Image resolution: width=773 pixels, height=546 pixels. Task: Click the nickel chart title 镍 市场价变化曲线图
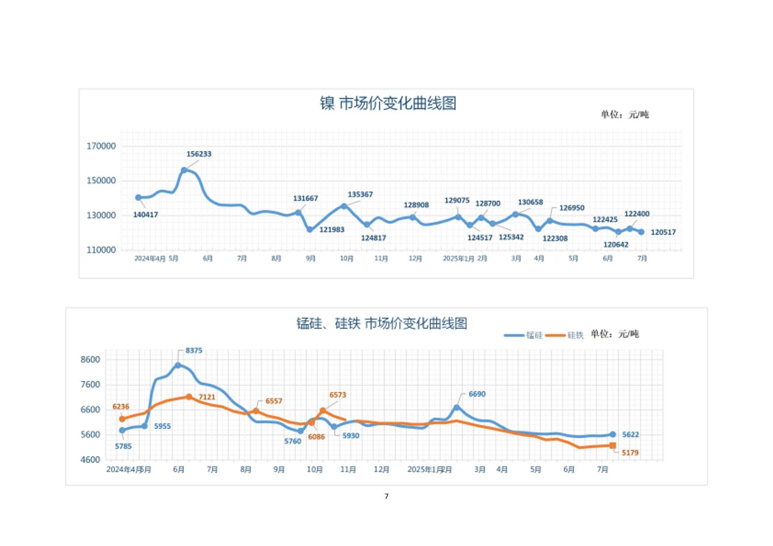(x=388, y=103)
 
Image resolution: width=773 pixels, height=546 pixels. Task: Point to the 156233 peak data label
(x=199, y=154)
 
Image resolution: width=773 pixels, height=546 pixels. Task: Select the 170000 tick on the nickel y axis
(x=101, y=146)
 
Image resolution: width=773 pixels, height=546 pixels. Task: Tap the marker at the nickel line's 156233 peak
(x=184, y=170)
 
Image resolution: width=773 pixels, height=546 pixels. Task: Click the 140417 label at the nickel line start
(x=145, y=215)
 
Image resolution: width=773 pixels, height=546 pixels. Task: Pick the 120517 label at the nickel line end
(x=663, y=232)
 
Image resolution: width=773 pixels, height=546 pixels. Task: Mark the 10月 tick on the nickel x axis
(x=346, y=259)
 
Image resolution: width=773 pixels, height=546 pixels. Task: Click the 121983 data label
(x=332, y=230)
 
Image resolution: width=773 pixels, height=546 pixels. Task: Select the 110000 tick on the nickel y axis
(x=101, y=250)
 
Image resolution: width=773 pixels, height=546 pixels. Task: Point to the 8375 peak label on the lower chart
(x=194, y=351)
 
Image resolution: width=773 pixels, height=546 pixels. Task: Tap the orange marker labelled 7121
(x=189, y=397)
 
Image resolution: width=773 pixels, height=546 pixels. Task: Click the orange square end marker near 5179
(x=613, y=446)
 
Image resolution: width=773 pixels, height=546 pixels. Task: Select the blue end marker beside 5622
(x=613, y=435)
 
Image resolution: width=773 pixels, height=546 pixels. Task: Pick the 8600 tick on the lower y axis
(x=91, y=360)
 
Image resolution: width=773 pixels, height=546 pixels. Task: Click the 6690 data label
(x=477, y=394)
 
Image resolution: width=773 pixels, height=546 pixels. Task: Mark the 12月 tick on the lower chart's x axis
(x=381, y=470)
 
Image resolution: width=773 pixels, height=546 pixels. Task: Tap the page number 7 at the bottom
(x=386, y=496)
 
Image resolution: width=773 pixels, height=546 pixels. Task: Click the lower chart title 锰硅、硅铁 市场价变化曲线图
(x=381, y=323)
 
